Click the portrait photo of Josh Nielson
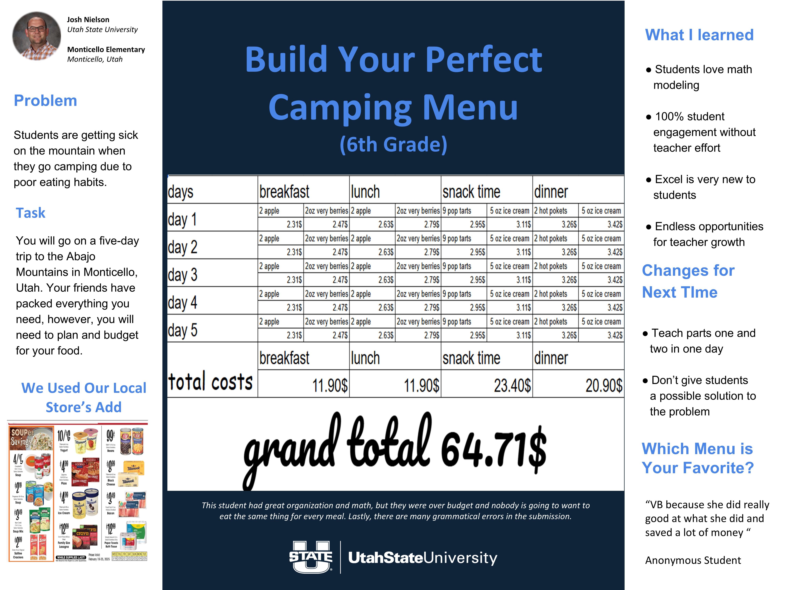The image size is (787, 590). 37,36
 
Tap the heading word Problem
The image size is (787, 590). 45,101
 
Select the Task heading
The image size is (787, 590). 31,213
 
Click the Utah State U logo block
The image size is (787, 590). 311,557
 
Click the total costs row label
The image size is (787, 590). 210,382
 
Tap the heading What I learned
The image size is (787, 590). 699,35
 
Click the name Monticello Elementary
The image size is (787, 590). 106,50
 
